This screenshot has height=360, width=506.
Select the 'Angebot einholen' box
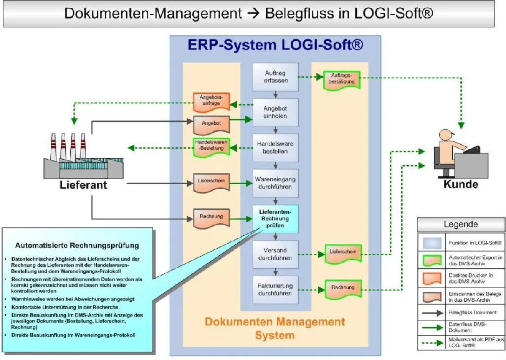pyautogui.click(x=275, y=112)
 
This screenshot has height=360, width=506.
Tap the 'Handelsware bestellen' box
pyautogui.click(x=275, y=148)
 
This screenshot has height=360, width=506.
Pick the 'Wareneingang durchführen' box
pyautogui.click(x=275, y=183)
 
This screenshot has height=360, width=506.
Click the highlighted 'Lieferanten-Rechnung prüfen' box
pyautogui.click(x=275, y=219)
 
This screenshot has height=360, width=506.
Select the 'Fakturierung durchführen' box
pyautogui.click(x=275, y=290)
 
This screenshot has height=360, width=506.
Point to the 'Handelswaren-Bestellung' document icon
pyautogui.click(x=211, y=147)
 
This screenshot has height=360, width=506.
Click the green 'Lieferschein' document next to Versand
pyautogui.click(x=343, y=252)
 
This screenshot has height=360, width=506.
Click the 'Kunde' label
pyautogui.click(x=460, y=184)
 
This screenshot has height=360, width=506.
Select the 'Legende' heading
pyautogui.click(x=460, y=225)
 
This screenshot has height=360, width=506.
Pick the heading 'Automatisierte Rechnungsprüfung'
pyautogui.click(x=77, y=245)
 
